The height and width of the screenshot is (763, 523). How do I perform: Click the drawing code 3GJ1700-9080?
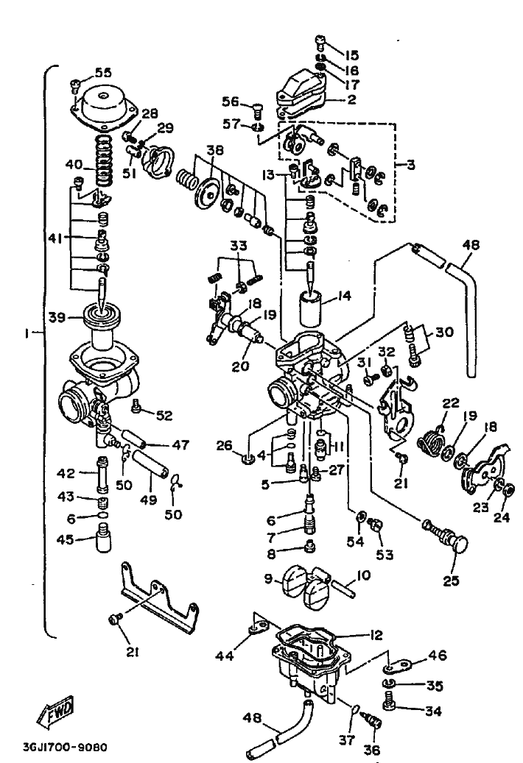point(66,747)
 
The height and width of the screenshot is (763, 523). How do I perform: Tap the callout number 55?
point(102,73)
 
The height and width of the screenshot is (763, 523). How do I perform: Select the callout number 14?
point(344,295)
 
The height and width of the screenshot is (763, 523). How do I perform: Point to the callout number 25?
point(452,580)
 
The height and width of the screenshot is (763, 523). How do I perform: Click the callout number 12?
point(375,635)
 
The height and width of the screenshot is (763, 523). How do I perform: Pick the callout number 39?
point(57,318)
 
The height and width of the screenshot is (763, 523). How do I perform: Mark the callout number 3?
point(412,165)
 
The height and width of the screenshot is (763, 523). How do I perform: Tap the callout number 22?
point(450,403)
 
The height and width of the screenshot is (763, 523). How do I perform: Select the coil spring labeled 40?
point(102,162)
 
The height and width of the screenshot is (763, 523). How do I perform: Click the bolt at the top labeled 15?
point(321,43)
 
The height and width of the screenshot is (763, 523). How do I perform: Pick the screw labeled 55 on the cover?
point(76,85)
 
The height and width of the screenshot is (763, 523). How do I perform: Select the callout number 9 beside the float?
point(268,578)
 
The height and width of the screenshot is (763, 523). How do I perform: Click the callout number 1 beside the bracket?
point(27,334)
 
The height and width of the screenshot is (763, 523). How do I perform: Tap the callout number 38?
point(215,150)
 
